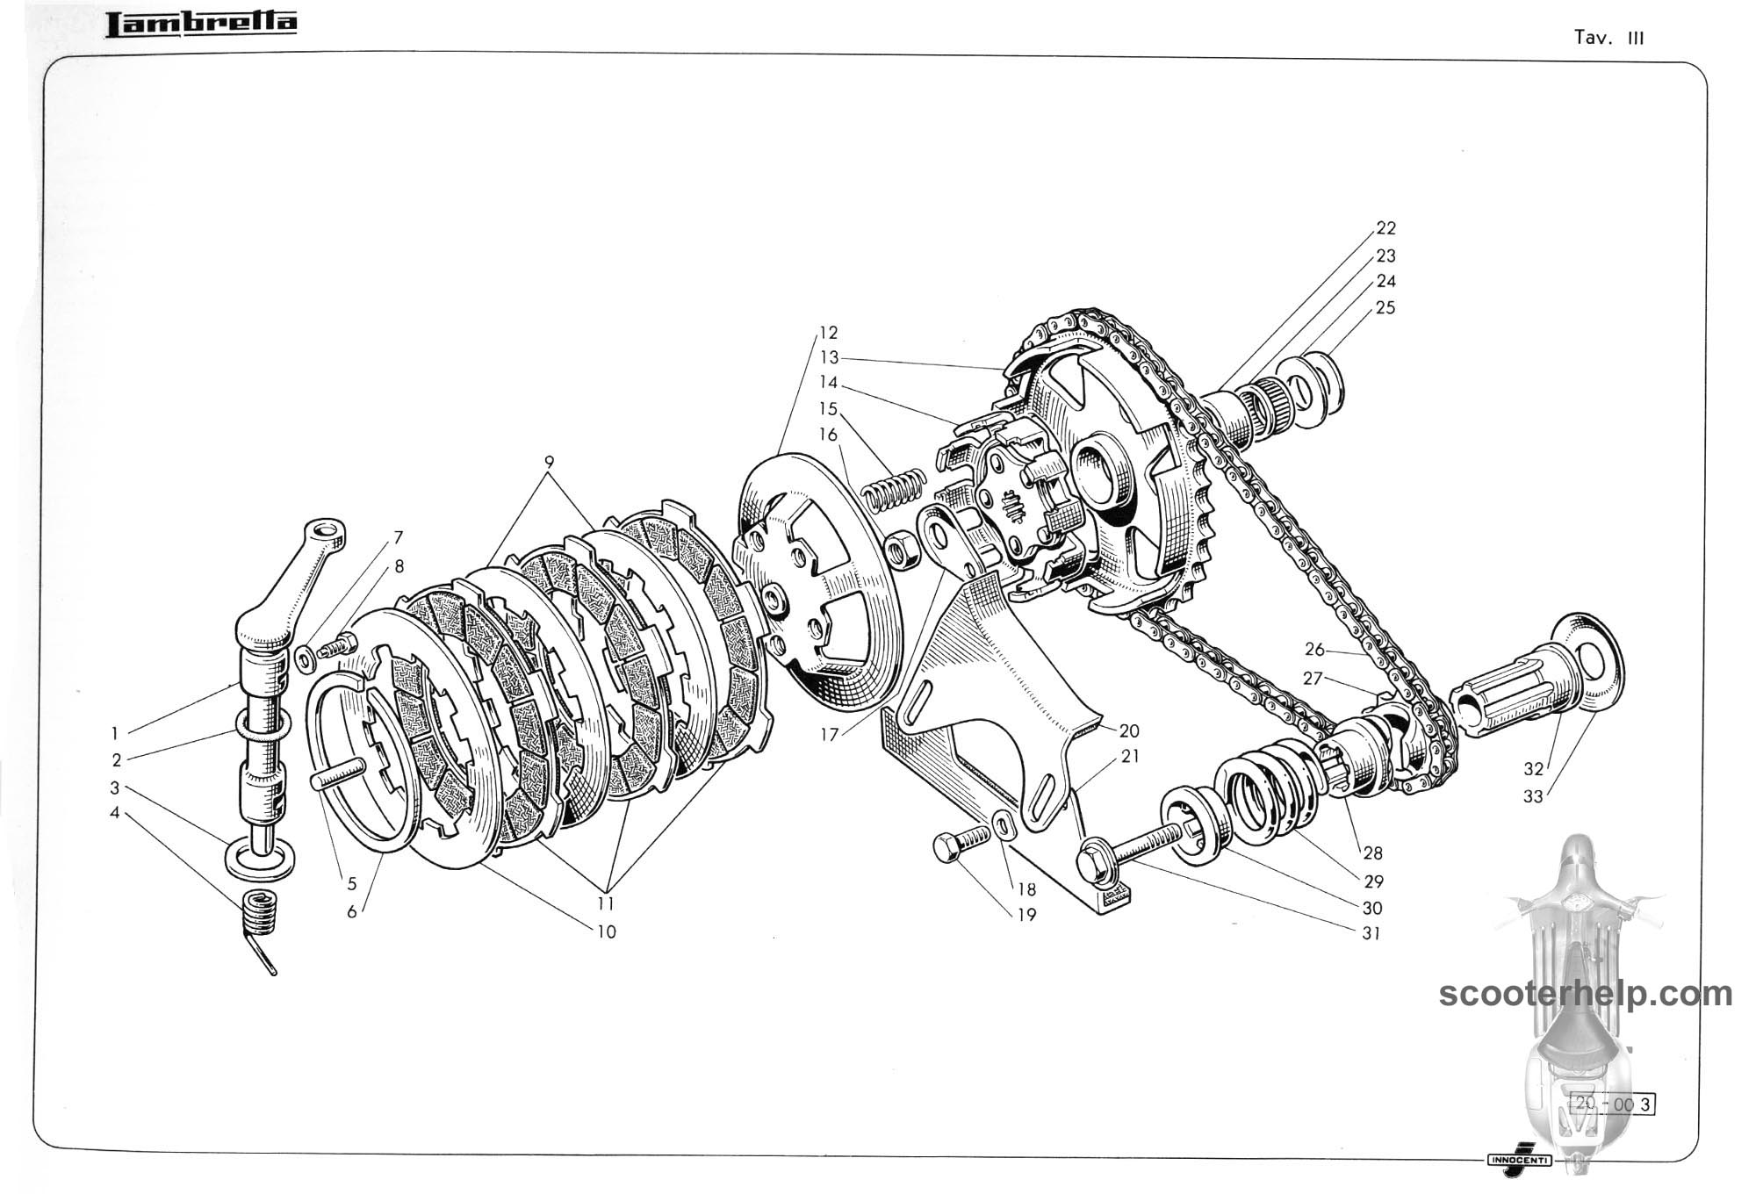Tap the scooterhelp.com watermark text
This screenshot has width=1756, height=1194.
coord(1586,994)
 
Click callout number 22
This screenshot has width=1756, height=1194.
coord(1385,228)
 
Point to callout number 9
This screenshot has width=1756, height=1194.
coord(549,461)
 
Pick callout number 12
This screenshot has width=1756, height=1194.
coord(828,333)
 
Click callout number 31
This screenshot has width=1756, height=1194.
coord(1371,933)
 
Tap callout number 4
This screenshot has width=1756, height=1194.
coord(114,813)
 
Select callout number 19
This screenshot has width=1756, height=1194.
coord(1026,915)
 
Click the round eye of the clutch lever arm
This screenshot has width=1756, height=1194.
coord(327,532)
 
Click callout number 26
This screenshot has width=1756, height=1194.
coord(1313,650)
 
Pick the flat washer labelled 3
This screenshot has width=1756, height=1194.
coord(261,858)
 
